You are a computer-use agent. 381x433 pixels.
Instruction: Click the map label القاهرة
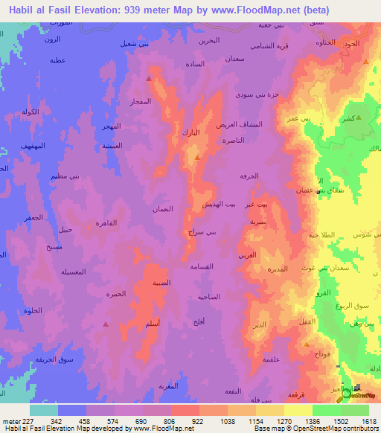click(x=107, y=222)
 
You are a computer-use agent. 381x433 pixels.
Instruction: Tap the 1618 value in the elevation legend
click(x=368, y=421)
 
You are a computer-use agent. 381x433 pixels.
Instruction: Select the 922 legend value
click(x=196, y=421)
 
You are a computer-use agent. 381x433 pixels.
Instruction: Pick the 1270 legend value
click(x=282, y=421)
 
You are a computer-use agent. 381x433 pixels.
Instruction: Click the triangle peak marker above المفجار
click(x=149, y=78)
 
